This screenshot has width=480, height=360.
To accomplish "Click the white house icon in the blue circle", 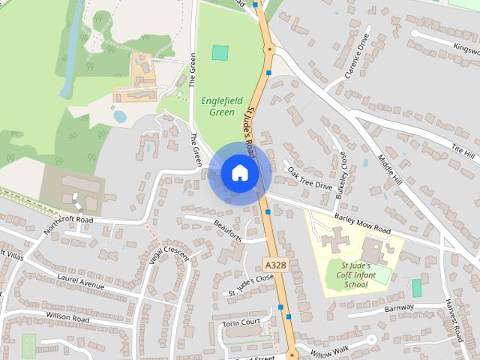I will click(239, 172).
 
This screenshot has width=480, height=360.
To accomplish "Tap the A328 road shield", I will click(274, 264).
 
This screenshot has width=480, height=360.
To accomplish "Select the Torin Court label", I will click(241, 323).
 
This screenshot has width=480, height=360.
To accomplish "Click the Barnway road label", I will click(399, 307).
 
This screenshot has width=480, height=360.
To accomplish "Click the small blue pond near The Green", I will click(119, 117).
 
